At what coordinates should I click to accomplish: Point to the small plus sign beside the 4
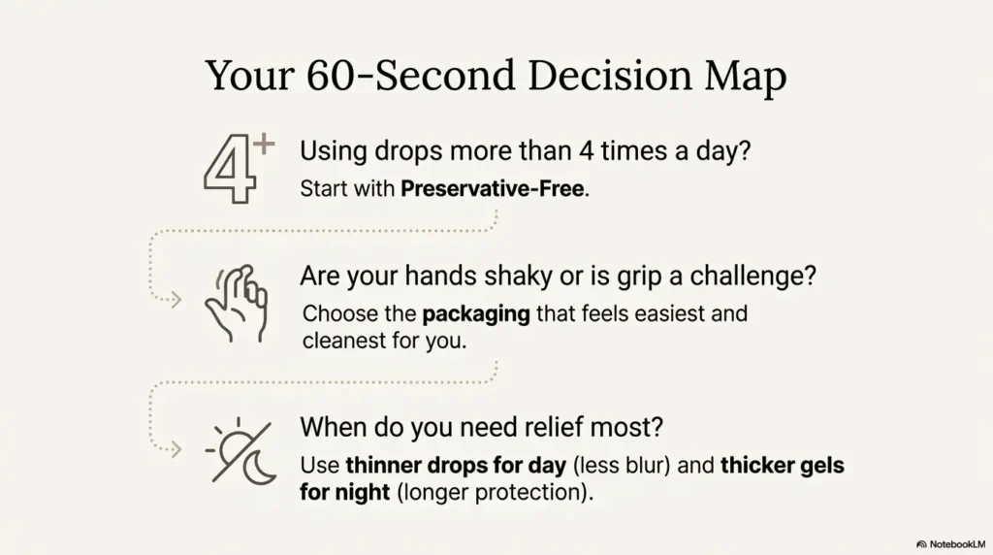tap(263, 147)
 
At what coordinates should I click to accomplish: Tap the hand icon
tap(235, 303)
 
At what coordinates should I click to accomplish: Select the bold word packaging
tap(475, 315)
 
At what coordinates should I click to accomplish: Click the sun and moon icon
tap(240, 450)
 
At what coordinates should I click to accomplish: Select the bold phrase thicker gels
tap(782, 466)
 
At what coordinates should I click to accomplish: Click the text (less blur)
tap(621, 466)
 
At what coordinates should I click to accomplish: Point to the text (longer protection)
tap(494, 492)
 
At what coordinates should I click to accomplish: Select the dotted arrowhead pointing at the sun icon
tap(176, 449)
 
